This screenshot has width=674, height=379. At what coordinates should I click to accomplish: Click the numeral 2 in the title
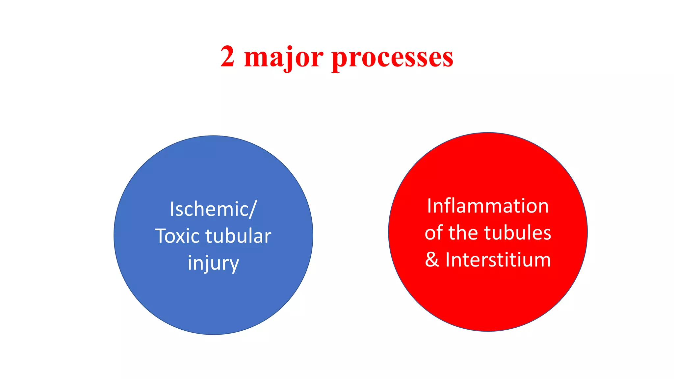pyautogui.click(x=227, y=57)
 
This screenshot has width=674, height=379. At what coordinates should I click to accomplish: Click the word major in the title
pyautogui.click(x=284, y=58)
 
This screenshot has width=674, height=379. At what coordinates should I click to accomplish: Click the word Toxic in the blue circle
pyautogui.click(x=177, y=236)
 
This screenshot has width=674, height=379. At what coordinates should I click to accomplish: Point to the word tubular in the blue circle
pyautogui.click(x=238, y=236)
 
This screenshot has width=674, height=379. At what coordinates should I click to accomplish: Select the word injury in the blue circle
pyautogui.click(x=213, y=263)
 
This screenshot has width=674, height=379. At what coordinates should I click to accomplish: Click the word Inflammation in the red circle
pyautogui.click(x=488, y=206)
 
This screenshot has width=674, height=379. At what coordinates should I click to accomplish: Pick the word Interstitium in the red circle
pyautogui.click(x=498, y=260)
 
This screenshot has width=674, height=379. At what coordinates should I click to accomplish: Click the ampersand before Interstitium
pyautogui.click(x=432, y=260)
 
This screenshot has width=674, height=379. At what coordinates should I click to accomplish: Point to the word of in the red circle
pyautogui.click(x=434, y=233)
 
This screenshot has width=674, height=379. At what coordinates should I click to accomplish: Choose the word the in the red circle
pyautogui.click(x=463, y=233)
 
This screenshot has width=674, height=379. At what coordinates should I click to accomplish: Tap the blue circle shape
pyautogui.click(x=213, y=296)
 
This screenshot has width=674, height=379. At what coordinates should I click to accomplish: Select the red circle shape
pyautogui.click(x=488, y=296)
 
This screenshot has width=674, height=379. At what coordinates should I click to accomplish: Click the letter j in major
pyautogui.click(x=289, y=59)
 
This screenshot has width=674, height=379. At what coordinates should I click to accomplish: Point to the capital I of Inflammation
pyautogui.click(x=429, y=206)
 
